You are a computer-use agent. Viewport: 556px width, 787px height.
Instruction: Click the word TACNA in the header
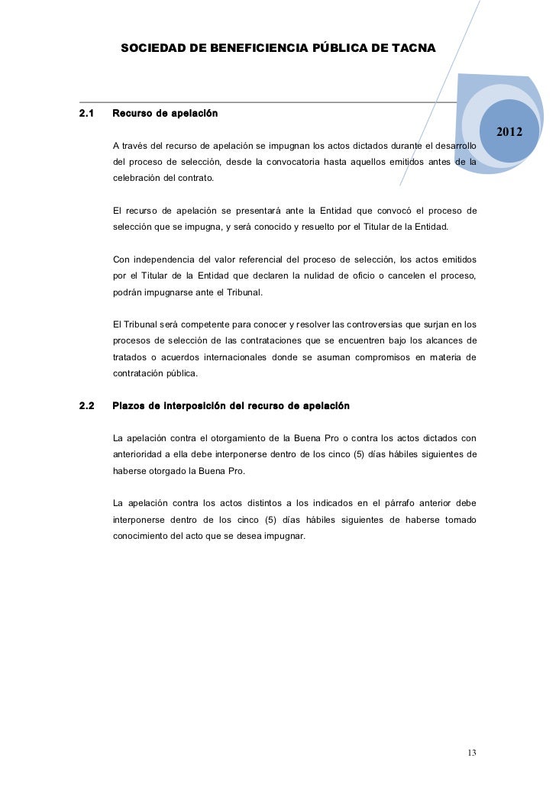(x=413, y=48)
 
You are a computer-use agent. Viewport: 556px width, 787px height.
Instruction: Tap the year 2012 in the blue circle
(x=509, y=133)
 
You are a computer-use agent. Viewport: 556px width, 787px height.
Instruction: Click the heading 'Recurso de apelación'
(x=165, y=114)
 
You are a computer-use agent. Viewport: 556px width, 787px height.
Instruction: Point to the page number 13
(x=471, y=753)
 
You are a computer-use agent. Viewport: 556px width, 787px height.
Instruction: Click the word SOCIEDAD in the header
(x=151, y=48)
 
